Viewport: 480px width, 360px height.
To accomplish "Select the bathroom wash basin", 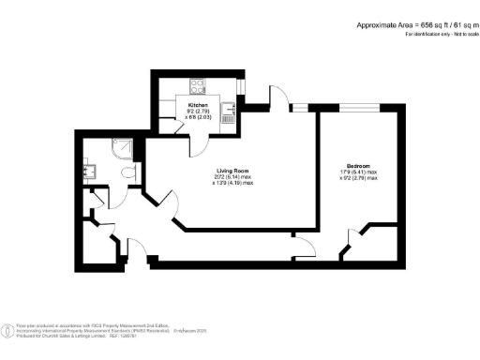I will pyautogui.click(x=92, y=172).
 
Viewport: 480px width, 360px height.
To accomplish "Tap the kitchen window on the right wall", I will pyautogui.click(x=241, y=88).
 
